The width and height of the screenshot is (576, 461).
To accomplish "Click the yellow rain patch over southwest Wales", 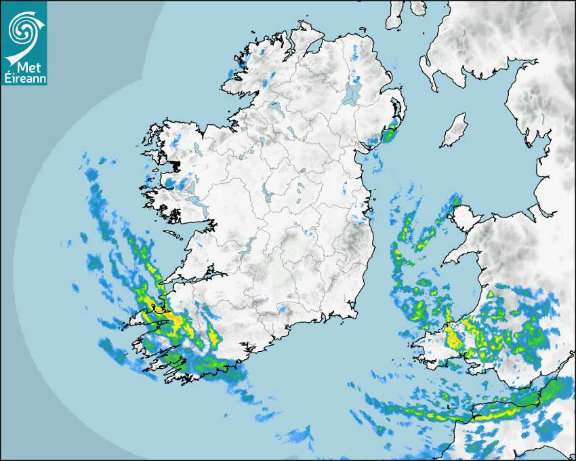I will pyautogui.click(x=453, y=337).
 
